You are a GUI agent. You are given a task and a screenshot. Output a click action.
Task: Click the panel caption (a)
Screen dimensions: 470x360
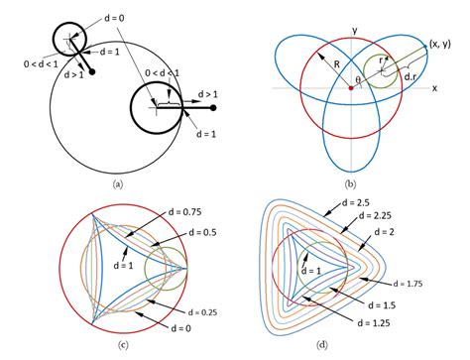pos(118,183)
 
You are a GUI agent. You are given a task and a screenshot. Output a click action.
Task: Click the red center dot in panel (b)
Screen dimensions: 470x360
pos(349,89)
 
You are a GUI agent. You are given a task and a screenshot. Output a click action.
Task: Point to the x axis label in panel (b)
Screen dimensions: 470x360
pos(434,87)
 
